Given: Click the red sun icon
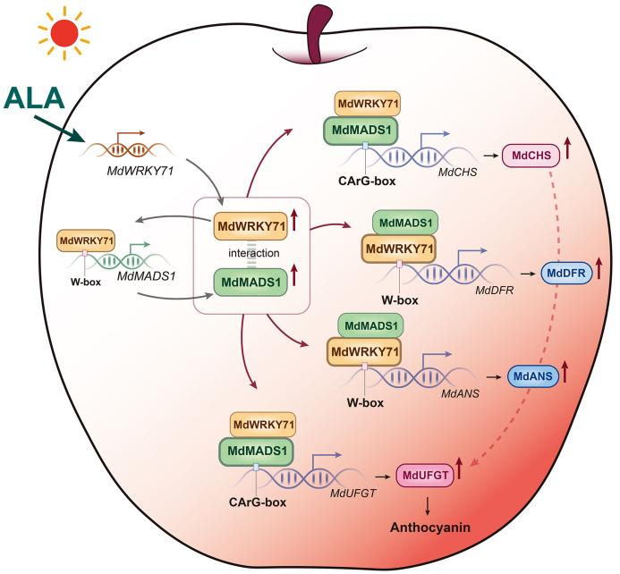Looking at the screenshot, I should (x=64, y=34).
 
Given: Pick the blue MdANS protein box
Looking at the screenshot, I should (x=533, y=376).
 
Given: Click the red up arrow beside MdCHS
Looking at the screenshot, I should (x=569, y=156).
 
